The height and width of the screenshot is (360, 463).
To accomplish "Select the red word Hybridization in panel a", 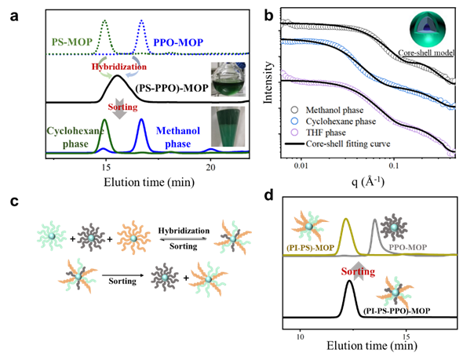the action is point(119,67).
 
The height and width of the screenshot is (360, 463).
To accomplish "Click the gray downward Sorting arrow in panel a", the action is point(119,111).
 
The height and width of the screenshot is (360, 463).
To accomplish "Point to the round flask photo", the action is point(228,79).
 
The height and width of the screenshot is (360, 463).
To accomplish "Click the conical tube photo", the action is point(228,127).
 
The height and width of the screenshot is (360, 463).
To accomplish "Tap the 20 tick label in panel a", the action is point(210,168).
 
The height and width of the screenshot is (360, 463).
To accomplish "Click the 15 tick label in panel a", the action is point(106,168).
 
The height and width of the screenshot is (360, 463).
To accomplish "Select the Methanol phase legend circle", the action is point(294,110).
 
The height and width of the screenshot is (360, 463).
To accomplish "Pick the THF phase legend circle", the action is point(294,133).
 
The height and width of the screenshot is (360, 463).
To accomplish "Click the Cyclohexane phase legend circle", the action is point(294,122).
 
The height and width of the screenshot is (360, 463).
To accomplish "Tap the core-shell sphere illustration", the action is point(428,29).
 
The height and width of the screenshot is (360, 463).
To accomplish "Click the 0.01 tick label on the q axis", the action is point(301,165).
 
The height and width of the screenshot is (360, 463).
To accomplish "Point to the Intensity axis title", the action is point(268,82).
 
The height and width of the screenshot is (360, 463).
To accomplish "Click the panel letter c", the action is point(14,202).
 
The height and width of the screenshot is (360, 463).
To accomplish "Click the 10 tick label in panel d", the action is point(300,336).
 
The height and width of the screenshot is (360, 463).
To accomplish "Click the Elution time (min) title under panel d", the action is point(372,346).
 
